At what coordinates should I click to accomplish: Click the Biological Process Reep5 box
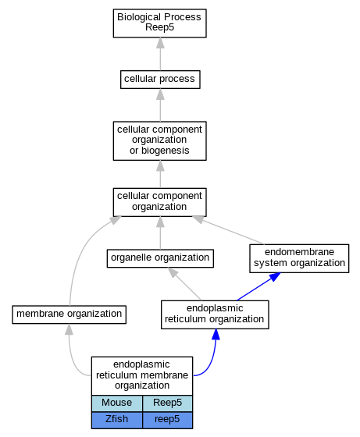point(159,23)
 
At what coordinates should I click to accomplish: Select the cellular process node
point(160,80)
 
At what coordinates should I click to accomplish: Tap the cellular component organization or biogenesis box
point(159,140)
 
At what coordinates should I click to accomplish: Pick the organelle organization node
point(160,258)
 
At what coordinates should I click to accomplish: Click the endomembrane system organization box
point(299,258)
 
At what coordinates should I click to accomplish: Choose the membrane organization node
point(69,314)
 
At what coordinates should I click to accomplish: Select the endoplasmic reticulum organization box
point(215,314)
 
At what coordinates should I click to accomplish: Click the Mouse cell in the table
point(117,403)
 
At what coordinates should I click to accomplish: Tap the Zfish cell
point(117,420)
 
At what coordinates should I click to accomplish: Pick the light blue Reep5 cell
point(167,403)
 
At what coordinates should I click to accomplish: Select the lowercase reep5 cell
point(167,420)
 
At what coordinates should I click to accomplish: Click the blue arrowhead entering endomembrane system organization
point(274,277)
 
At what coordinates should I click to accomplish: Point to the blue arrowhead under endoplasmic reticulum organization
point(216,334)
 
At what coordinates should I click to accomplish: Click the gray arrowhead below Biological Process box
point(160,43)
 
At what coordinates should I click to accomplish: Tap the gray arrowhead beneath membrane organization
point(69,329)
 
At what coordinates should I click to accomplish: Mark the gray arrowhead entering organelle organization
point(173,272)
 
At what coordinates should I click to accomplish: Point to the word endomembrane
point(299,252)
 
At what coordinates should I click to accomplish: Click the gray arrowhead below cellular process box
point(160,94)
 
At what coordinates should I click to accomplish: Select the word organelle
point(129,258)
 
